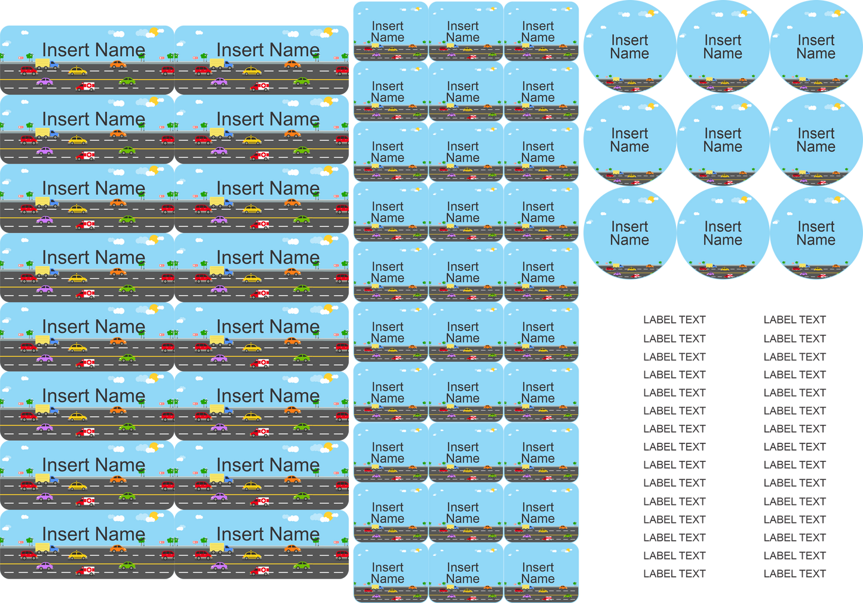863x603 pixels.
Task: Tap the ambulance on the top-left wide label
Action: click(85, 87)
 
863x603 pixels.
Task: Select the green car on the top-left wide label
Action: click(127, 81)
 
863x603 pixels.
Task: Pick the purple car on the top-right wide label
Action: click(219, 82)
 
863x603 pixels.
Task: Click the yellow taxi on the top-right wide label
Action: click(251, 71)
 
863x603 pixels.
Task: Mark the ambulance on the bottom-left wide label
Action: click(85, 571)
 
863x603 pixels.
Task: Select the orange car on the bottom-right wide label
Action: click(292, 549)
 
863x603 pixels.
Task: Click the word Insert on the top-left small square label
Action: click(388, 26)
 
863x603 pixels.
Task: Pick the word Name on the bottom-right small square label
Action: click(538, 578)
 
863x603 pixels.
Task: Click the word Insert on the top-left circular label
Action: click(629, 40)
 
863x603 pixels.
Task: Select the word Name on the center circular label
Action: click(723, 146)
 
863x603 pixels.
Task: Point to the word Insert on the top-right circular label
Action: click(816, 40)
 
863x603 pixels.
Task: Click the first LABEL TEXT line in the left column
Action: click(674, 320)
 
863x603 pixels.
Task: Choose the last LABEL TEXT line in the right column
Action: click(794, 574)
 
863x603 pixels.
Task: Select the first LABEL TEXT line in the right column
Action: click(794, 320)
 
